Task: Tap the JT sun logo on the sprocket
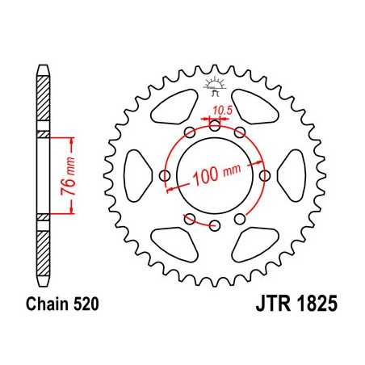(215, 84)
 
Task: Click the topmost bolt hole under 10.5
(215, 124)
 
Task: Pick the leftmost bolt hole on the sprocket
(165, 174)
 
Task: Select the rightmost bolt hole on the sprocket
(266, 174)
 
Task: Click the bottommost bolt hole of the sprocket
(215, 225)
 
